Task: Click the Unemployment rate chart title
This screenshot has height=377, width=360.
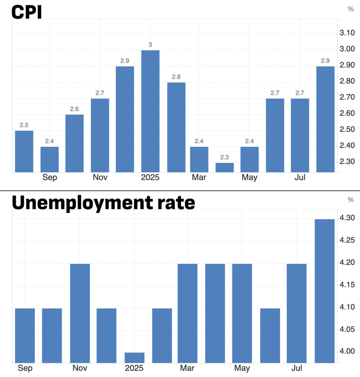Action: tap(103, 203)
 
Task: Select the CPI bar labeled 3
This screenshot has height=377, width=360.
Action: tap(150, 111)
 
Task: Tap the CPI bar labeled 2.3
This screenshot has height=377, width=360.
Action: tap(225, 167)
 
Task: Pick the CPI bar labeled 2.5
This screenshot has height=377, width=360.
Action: tap(24, 151)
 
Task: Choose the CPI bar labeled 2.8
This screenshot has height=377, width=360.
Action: tap(176, 127)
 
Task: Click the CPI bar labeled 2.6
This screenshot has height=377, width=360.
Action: tap(74, 143)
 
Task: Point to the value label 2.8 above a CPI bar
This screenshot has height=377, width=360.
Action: tap(176, 77)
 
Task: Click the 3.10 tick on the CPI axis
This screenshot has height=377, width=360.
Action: tap(347, 33)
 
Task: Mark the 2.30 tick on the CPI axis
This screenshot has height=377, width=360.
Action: tap(347, 161)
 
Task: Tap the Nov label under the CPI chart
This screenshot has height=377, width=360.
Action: tap(100, 178)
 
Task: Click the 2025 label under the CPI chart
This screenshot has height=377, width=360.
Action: tap(150, 178)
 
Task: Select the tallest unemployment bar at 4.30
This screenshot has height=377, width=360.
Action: tap(324, 291)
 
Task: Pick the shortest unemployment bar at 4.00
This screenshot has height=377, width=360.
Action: tap(134, 357)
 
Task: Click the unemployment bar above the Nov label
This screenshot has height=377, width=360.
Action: tap(80, 313)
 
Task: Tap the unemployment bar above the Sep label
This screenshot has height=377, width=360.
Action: tap(25, 335)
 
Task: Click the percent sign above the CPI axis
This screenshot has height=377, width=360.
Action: tap(350, 9)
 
